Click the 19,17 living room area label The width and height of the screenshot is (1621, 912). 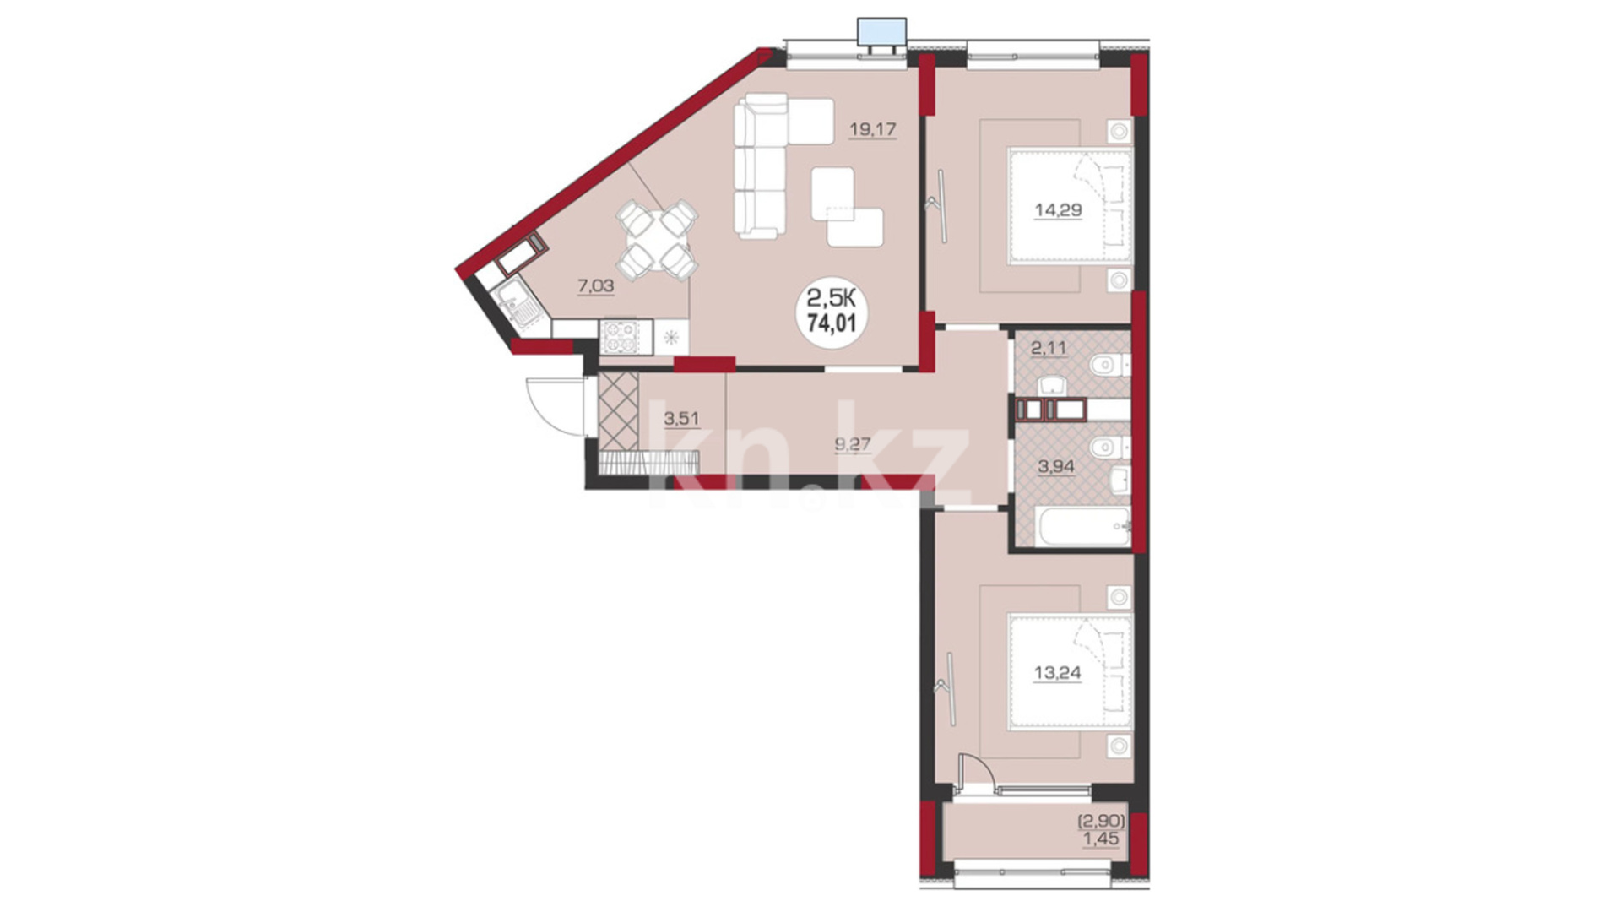[872, 129]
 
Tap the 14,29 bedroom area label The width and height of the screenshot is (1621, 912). [1058, 209]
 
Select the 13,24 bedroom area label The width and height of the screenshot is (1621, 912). [1057, 673]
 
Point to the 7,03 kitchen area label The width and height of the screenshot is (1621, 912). [595, 285]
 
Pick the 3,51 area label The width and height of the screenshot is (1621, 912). [680, 417]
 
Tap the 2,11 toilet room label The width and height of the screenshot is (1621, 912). [1049, 347]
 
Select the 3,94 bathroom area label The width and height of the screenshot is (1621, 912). [1055, 465]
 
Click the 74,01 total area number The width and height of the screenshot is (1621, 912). [832, 323]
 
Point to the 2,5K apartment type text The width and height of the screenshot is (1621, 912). [832, 297]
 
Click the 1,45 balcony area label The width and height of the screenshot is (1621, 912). [1101, 839]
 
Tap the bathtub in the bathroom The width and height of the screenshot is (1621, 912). [1083, 526]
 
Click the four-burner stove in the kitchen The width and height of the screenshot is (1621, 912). [626, 337]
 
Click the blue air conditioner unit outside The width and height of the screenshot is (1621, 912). [881, 32]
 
